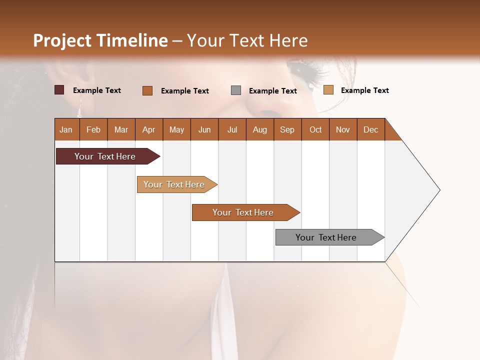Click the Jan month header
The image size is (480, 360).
[x=66, y=129]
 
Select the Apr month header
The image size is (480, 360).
[x=148, y=129]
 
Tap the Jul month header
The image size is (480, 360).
[x=232, y=129]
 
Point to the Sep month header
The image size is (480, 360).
[x=287, y=129]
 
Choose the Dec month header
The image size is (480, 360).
[x=370, y=129]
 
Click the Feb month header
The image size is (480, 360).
[x=93, y=129]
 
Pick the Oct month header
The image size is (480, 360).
[x=315, y=129]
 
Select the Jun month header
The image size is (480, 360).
[x=204, y=129]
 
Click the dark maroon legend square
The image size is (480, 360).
[x=59, y=90]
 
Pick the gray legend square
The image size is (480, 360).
[x=236, y=90]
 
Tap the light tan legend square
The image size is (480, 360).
[x=328, y=90]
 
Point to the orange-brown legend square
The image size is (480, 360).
[x=147, y=90]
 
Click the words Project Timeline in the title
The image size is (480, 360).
[x=100, y=40]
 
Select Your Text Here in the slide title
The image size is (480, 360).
[x=247, y=40]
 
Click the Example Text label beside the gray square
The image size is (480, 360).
[x=272, y=91]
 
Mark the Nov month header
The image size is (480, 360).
[x=343, y=129]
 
